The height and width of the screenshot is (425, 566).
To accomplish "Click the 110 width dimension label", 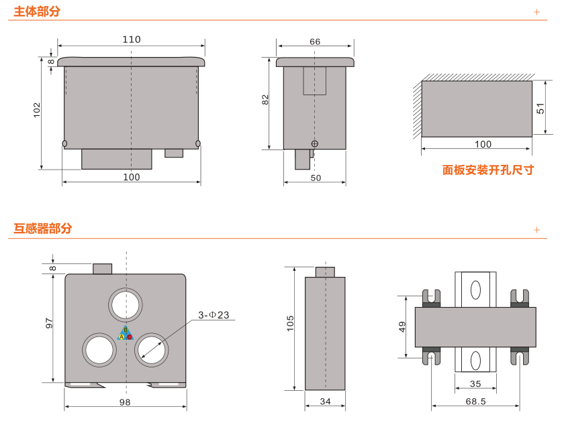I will click(132, 40).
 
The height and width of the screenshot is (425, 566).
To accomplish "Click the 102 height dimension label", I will click(38, 111).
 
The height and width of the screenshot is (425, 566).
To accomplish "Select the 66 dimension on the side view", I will click(315, 42).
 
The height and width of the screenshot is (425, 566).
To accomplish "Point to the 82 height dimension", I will click(265, 99).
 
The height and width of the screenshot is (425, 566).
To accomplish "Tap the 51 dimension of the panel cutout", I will click(541, 108).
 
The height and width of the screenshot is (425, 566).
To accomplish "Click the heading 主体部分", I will click(37, 11).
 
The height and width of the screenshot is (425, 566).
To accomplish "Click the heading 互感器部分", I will click(43, 229).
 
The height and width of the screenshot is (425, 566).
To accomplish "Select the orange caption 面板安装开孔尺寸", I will click(487, 170).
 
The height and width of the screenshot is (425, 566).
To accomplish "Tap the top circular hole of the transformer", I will click(126, 304).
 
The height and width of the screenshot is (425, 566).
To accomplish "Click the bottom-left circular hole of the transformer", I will click(99, 350).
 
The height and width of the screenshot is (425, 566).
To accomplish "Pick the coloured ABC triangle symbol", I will click(126, 333).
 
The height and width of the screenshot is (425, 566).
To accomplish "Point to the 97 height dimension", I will click(49, 323).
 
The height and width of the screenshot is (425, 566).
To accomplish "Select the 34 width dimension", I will click(326, 402).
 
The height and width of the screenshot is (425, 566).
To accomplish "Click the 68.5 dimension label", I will click(475, 402).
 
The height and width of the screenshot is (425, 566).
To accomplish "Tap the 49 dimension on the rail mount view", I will click(403, 326).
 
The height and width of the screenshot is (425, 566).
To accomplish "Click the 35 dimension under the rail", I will click(475, 384).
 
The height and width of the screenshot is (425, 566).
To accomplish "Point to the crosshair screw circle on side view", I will click(314, 143).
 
